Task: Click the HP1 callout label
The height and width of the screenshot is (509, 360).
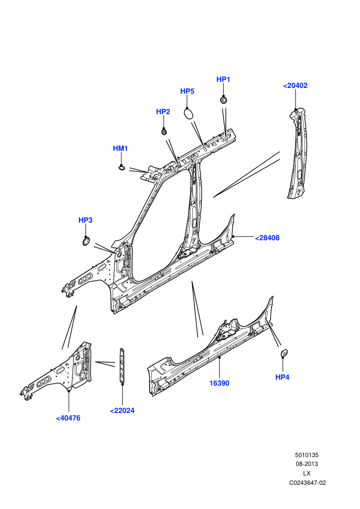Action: [x=223, y=80]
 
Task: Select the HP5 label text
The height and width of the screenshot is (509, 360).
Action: [x=187, y=92]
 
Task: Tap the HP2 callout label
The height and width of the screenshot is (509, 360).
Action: [x=163, y=112]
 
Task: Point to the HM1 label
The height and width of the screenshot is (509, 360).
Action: [x=120, y=149]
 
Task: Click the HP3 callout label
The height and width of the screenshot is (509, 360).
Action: [x=85, y=221]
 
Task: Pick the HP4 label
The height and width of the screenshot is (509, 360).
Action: [x=282, y=377]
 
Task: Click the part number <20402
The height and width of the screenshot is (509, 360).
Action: [x=295, y=86]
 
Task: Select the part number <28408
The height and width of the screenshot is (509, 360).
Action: [x=267, y=238]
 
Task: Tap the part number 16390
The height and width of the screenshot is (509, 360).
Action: [x=220, y=384]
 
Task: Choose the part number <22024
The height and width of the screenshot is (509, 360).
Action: [x=122, y=411]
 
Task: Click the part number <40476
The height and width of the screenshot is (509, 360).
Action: [x=68, y=419]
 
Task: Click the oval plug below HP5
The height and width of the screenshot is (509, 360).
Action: [x=189, y=114]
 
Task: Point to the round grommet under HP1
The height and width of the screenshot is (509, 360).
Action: [x=224, y=99]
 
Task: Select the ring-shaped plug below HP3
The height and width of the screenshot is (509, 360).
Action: [x=86, y=242]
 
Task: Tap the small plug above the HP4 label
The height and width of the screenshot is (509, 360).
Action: [x=284, y=353]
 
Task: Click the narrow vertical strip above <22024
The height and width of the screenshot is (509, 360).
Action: [x=122, y=365]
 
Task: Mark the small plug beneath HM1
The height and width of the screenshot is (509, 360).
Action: [x=122, y=168]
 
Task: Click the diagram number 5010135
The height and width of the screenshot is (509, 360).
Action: [x=307, y=456]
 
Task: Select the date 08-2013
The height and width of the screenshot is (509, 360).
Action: [x=307, y=464]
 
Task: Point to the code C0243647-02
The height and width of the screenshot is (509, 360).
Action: [x=308, y=483]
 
